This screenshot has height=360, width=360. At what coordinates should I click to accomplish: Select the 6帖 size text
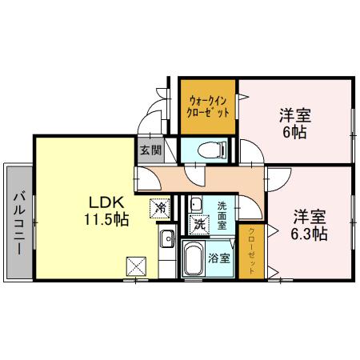point(294,132)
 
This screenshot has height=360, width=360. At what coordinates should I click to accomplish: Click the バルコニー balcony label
point(18,221)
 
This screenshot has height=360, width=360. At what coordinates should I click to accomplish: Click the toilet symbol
point(210,149)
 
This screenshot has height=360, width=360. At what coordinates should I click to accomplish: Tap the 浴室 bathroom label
point(220,258)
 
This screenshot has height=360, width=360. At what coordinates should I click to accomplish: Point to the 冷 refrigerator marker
point(160,206)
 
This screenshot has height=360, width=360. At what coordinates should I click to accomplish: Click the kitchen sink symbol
point(168,238)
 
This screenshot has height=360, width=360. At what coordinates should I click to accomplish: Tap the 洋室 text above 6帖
point(294,114)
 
